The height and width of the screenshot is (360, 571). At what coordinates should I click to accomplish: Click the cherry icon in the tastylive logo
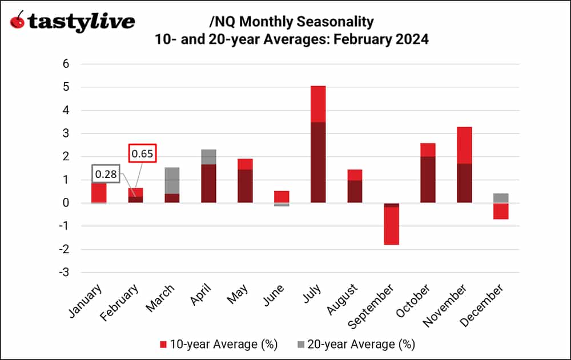[18, 21]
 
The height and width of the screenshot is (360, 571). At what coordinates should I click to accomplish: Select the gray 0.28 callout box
[105, 173]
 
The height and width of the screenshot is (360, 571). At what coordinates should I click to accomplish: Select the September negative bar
[391, 225]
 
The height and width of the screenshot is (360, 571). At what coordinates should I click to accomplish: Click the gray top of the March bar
[172, 180]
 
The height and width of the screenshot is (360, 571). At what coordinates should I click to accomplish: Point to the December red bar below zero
[501, 211]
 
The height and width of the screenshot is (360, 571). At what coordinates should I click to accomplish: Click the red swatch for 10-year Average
[163, 344]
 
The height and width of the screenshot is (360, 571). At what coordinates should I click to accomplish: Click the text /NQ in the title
[220, 22]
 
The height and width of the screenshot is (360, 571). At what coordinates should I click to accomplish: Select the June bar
[282, 197]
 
